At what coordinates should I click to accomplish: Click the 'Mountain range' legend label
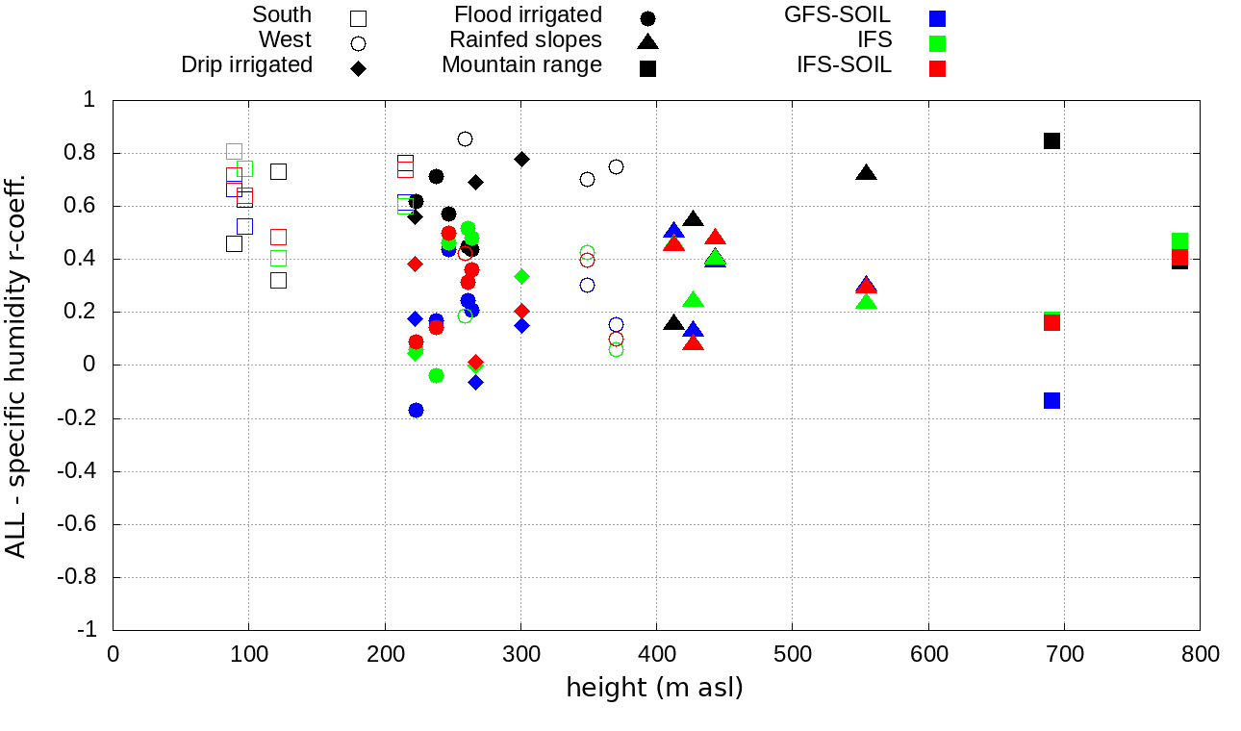(x=521, y=65)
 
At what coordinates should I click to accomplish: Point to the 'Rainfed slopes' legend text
(x=525, y=40)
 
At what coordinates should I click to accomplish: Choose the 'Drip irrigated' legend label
(x=246, y=65)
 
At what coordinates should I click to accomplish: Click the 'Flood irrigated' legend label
(x=528, y=15)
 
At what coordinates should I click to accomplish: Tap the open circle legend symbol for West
(x=358, y=42)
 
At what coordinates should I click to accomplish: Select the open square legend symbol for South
(x=358, y=17)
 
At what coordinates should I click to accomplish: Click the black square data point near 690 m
(x=1051, y=140)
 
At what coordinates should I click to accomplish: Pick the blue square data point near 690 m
(x=1051, y=400)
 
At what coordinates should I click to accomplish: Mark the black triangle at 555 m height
(x=866, y=173)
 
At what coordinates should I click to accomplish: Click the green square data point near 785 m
(x=1179, y=241)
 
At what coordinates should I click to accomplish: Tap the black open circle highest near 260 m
(x=465, y=139)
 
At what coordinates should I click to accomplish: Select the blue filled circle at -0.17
(x=416, y=410)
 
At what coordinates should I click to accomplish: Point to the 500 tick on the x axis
(x=793, y=655)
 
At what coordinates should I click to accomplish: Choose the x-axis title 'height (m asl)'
(x=654, y=689)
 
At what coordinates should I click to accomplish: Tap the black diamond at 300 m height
(x=521, y=159)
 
